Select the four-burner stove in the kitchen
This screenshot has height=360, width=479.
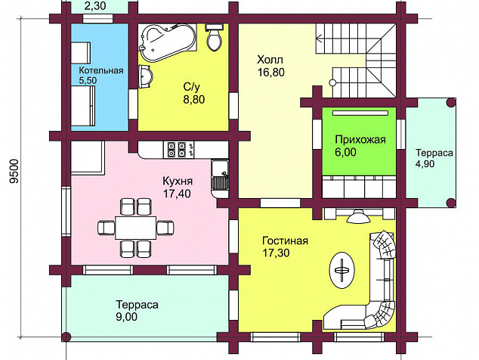pos(178,149)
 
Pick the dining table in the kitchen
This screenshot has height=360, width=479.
pos(136,228)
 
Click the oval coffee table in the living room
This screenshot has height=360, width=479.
pos(342,270)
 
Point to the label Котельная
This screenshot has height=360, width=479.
pos(101,70)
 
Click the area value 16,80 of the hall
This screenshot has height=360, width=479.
pos(271,73)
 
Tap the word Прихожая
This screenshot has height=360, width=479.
pos(360,140)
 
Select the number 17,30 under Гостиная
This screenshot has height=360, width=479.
pos(277,253)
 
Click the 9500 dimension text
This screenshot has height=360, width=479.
pos(14,171)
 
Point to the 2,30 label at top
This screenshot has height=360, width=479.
pos(95,5)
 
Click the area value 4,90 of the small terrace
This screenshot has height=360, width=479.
pos(425,164)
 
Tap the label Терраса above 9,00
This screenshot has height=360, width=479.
pos(138,305)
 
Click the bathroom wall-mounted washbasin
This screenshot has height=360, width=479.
pos(145,76)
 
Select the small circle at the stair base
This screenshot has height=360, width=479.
pos(332,82)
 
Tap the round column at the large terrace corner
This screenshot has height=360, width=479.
pos(66,337)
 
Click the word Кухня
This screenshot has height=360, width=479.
pos(178,181)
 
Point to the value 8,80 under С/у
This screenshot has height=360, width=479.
pos(194,100)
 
